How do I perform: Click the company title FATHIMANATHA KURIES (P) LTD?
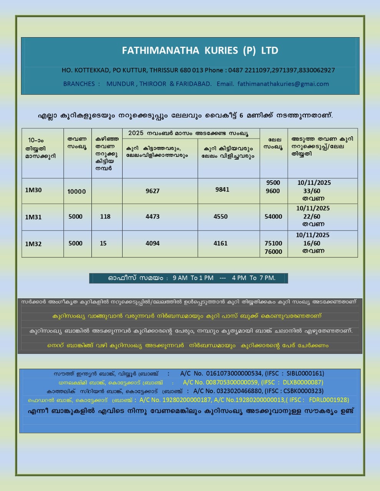point(200,51)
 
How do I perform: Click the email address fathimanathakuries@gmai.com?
point(283,84)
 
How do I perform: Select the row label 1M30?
point(33,190)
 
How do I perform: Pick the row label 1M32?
point(33,244)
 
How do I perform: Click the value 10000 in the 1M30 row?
point(76,191)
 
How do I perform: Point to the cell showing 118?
point(105,217)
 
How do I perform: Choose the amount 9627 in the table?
point(153,191)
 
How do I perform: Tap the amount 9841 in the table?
point(222,189)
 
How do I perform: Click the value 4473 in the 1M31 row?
point(153,217)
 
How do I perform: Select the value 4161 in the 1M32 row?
point(221,243)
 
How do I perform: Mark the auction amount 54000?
point(273,217)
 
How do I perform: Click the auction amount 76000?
point(273,252)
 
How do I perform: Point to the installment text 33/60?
point(312,191)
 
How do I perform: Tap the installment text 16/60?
point(312,243)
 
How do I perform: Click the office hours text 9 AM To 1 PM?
point(193,278)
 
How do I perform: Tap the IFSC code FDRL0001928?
point(329,400)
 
